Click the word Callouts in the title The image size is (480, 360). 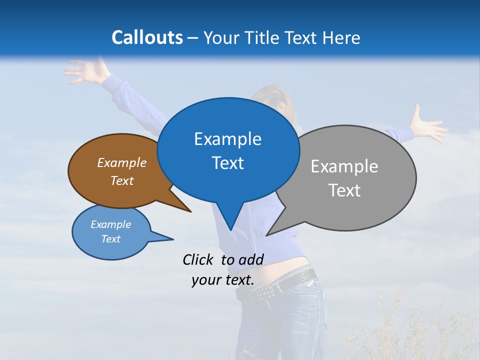tap(147, 37)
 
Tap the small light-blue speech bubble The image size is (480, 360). tap(111, 232)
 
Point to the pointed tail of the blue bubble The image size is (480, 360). tap(230, 229)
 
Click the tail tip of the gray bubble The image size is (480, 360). tap(267, 234)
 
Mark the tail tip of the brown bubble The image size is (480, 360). tap(190, 211)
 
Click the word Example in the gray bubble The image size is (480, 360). tap(344, 166)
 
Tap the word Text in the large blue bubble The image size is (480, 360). tap(228, 163)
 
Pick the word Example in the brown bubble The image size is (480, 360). tap(122, 162)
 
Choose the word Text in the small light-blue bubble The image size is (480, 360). tap(111, 239)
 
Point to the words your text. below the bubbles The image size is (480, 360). tap(223, 280)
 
